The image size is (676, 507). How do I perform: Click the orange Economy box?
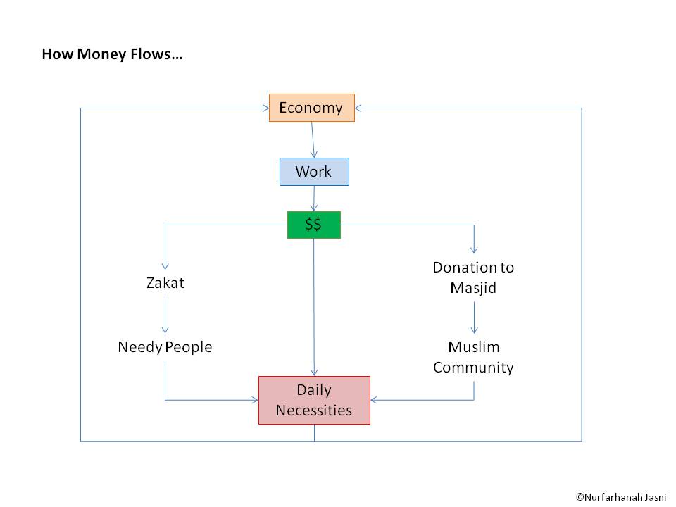point(311,108)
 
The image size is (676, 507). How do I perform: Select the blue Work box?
point(313,172)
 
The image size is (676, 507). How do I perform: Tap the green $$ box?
point(313,225)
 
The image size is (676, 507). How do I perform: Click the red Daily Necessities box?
point(314,400)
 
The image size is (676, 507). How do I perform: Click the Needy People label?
point(165,347)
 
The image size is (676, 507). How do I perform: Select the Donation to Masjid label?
point(473,277)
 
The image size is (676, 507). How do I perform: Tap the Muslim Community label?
point(473,357)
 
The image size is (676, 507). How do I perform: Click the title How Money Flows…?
point(113,54)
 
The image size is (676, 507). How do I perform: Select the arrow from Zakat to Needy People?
point(165,314)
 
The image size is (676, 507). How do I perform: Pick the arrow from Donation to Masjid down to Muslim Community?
point(474,317)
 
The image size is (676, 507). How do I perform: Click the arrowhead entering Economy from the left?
point(265,108)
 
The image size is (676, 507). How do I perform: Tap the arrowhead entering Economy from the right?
point(358,108)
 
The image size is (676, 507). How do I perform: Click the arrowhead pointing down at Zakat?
point(165,267)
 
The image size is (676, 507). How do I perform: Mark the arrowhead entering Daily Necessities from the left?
point(254,401)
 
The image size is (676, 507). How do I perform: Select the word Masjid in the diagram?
point(473,288)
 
